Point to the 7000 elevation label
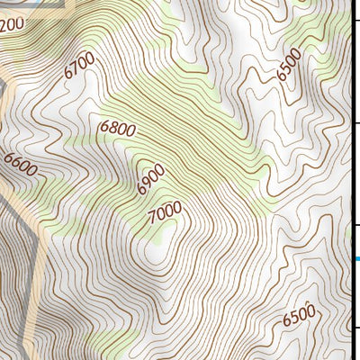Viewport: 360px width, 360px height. (165, 212)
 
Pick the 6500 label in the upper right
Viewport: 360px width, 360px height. (290, 65)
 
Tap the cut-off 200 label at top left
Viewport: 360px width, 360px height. (11, 24)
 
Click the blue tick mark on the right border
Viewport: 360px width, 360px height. (357, 259)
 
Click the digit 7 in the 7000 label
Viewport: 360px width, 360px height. (153, 217)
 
